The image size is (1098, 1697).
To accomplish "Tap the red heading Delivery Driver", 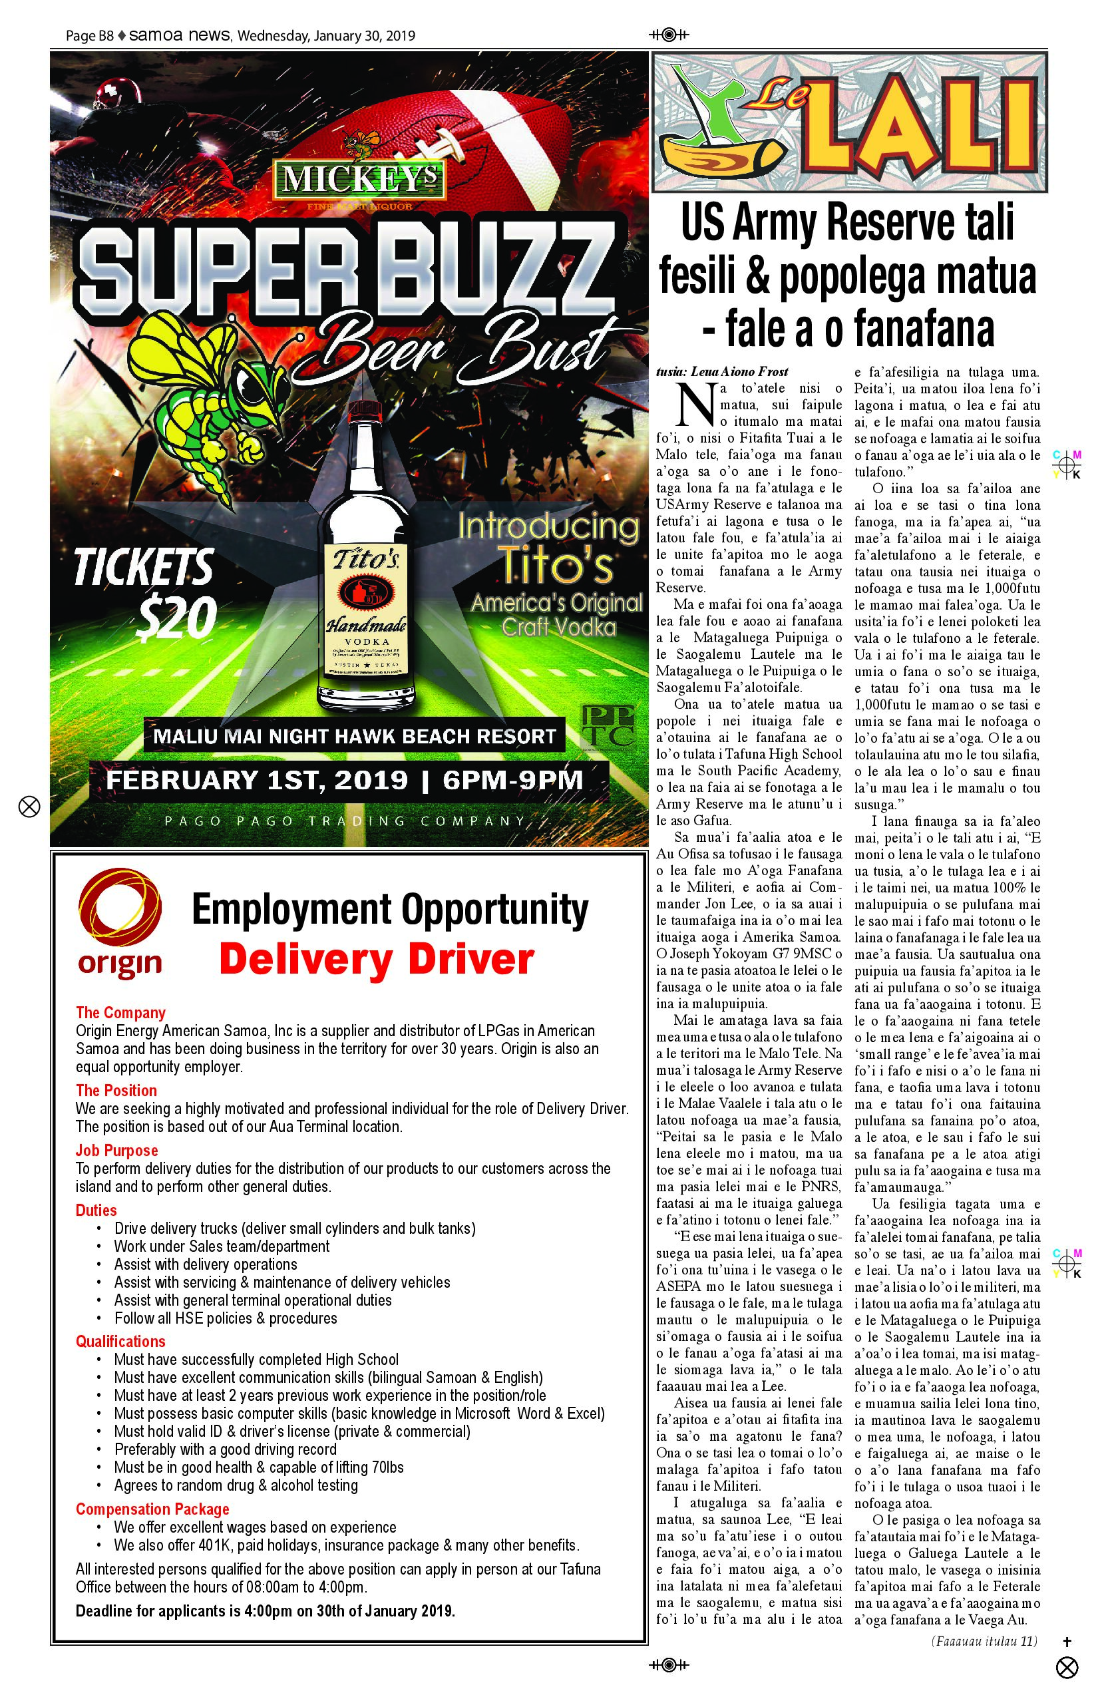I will pyautogui.click(x=376, y=959).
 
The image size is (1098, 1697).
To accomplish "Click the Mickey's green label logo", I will pyautogui.click(x=359, y=179).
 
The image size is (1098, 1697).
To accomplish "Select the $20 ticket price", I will pyautogui.click(x=176, y=618).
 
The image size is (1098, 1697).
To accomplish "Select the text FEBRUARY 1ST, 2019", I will pyautogui.click(x=257, y=780).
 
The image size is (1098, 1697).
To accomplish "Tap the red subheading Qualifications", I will pyautogui.click(x=120, y=1341).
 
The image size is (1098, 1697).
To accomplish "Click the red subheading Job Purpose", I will pyautogui.click(x=117, y=1150).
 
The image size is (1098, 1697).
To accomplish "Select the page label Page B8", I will pyautogui.click(x=89, y=36).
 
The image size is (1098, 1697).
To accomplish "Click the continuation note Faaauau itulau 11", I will pyautogui.click(x=984, y=1640).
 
